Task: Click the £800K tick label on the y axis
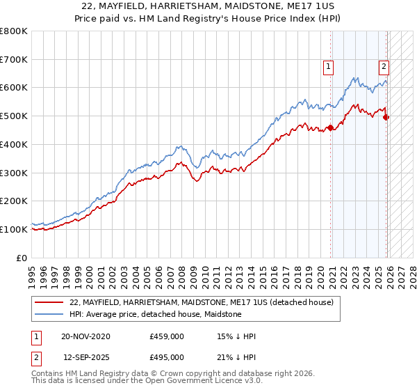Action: point(13,31)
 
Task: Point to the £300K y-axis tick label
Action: point(13,173)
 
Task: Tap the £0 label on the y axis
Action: point(22,258)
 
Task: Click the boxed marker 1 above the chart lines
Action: point(327,67)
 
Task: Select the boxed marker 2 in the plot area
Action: point(384,67)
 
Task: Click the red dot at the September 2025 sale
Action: point(386,117)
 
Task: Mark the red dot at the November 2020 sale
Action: point(331,127)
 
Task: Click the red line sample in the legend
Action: point(49,302)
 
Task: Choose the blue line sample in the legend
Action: point(49,314)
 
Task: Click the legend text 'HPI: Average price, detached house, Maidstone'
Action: point(155,314)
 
